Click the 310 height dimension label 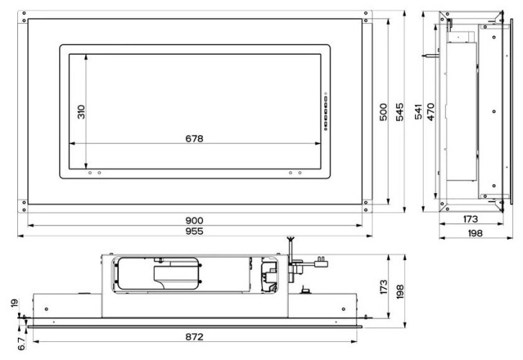(x=81, y=112)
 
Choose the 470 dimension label (x=431, y=112)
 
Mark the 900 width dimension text (x=195, y=220)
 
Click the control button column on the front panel (x=326, y=112)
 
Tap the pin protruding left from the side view (x=430, y=53)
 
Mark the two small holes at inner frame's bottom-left (x=94, y=173)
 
